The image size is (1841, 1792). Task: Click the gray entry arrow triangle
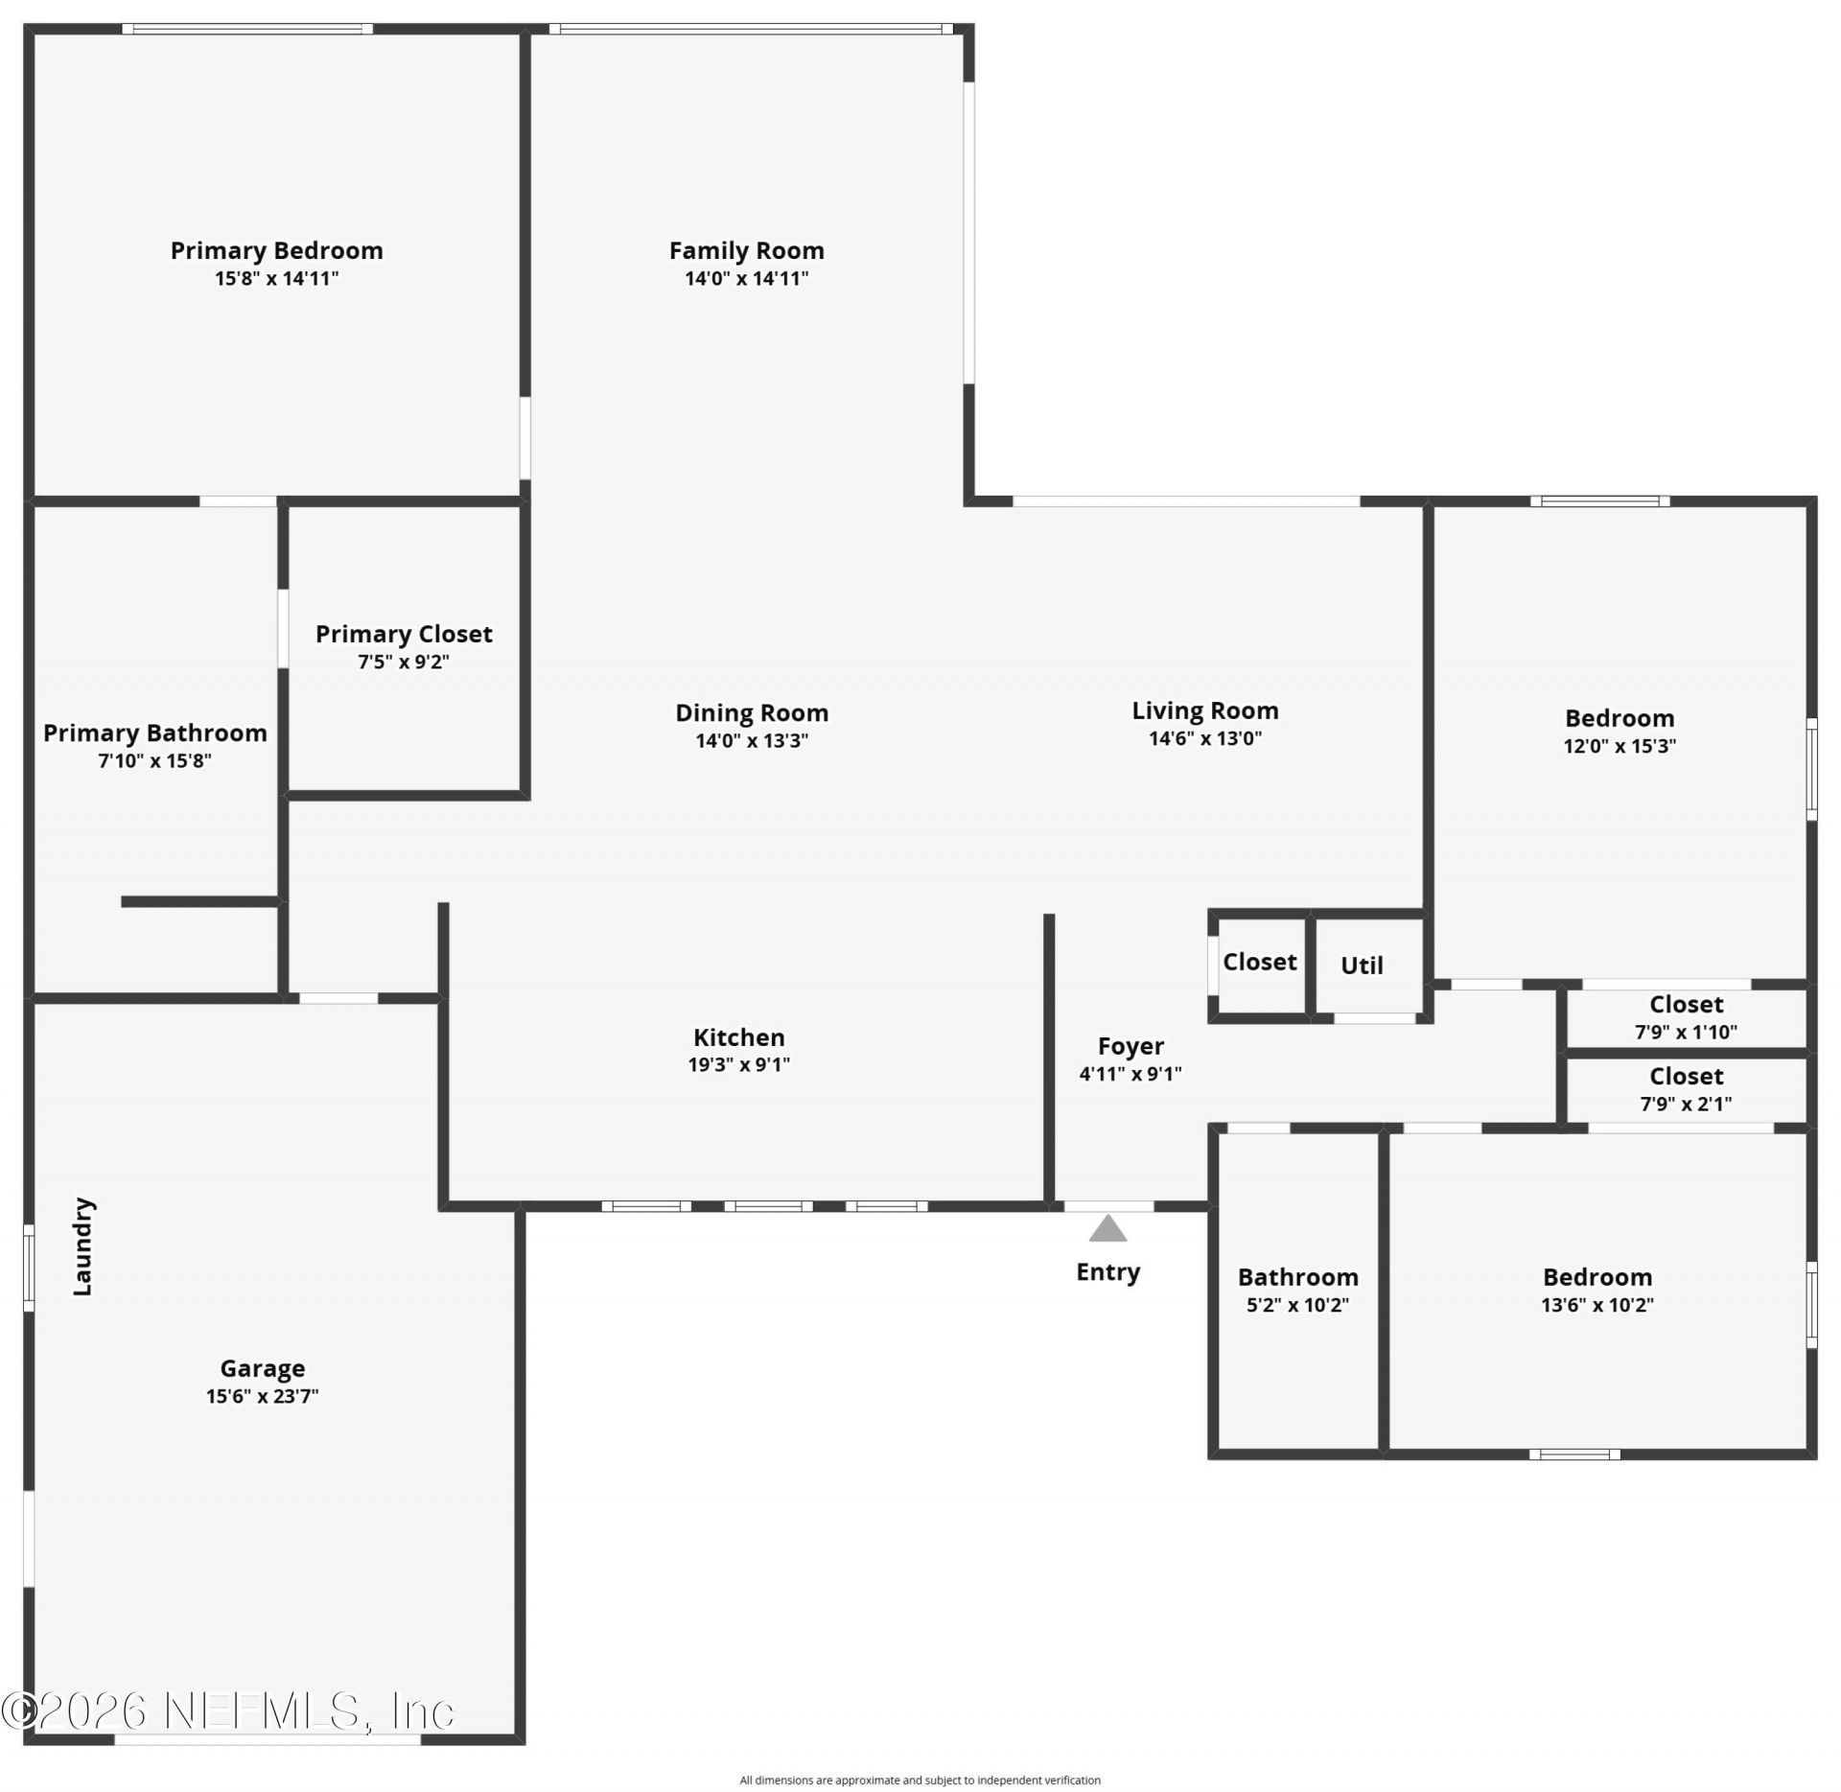(x=1107, y=1228)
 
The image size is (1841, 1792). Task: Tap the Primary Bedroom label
(x=276, y=250)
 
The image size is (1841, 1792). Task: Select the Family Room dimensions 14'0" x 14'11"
(x=746, y=279)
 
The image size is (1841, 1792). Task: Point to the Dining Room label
(x=751, y=712)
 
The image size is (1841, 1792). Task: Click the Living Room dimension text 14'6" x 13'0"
(x=1204, y=738)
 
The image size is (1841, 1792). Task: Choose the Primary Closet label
(x=404, y=634)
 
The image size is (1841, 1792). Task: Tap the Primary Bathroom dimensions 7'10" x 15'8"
(x=154, y=761)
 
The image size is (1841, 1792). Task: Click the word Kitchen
(x=738, y=1036)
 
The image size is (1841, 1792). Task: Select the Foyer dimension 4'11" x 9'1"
(x=1130, y=1074)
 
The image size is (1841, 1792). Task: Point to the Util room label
(x=1361, y=966)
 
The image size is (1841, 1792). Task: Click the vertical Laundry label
(x=83, y=1246)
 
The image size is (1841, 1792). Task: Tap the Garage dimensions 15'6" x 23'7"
(x=262, y=1396)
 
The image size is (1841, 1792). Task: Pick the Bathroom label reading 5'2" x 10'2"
(x=1297, y=1277)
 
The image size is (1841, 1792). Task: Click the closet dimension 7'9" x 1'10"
(x=1685, y=1032)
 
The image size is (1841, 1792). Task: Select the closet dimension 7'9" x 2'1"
(x=1685, y=1104)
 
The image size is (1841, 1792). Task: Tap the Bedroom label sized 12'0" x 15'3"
(x=1619, y=718)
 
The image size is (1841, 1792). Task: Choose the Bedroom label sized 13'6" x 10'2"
(x=1596, y=1277)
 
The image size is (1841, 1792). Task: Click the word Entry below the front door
(x=1107, y=1272)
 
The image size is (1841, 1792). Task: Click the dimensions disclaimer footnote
(x=920, y=1780)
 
